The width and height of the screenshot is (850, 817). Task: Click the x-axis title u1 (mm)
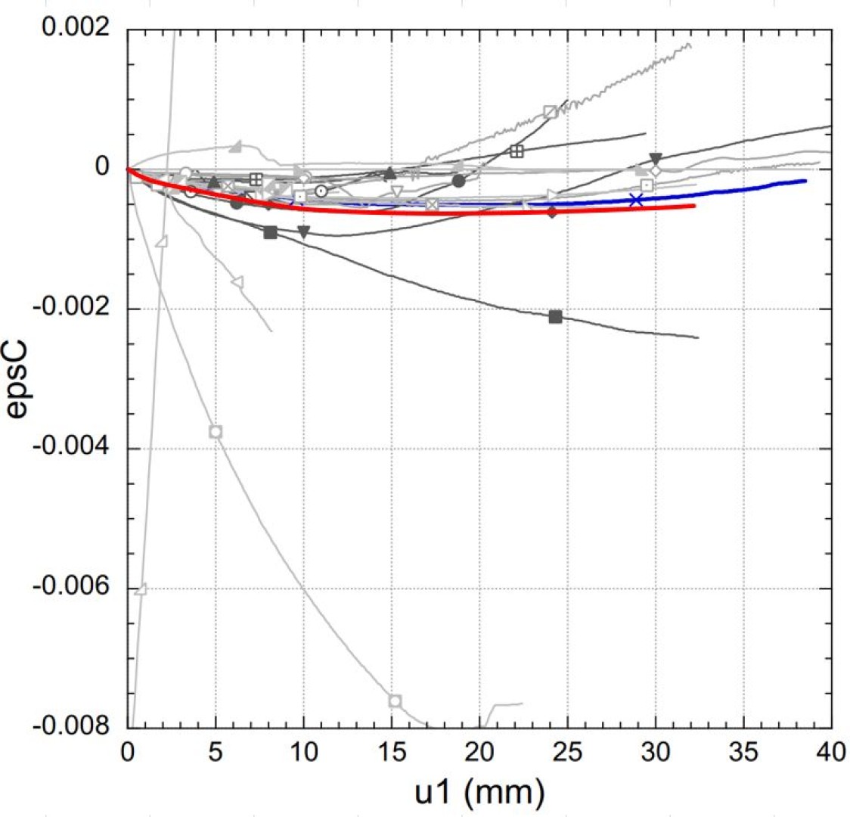pyautogui.click(x=479, y=791)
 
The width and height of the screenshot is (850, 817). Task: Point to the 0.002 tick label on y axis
pyautogui.click(x=76, y=28)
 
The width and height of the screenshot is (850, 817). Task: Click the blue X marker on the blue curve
pyautogui.click(x=636, y=200)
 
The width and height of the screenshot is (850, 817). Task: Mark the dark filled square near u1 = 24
pyautogui.click(x=555, y=316)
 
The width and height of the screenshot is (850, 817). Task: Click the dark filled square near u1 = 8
pyautogui.click(x=270, y=232)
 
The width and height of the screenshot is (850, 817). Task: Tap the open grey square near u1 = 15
pyautogui.click(x=395, y=701)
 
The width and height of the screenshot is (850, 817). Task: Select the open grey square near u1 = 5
pyautogui.click(x=216, y=431)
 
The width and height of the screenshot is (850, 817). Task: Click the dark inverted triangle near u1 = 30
pyautogui.click(x=656, y=159)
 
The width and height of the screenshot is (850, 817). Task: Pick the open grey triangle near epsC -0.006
pyautogui.click(x=140, y=589)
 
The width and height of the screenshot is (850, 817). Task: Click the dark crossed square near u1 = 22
pyautogui.click(x=517, y=151)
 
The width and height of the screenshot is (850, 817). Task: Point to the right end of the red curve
pyautogui.click(x=693, y=206)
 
